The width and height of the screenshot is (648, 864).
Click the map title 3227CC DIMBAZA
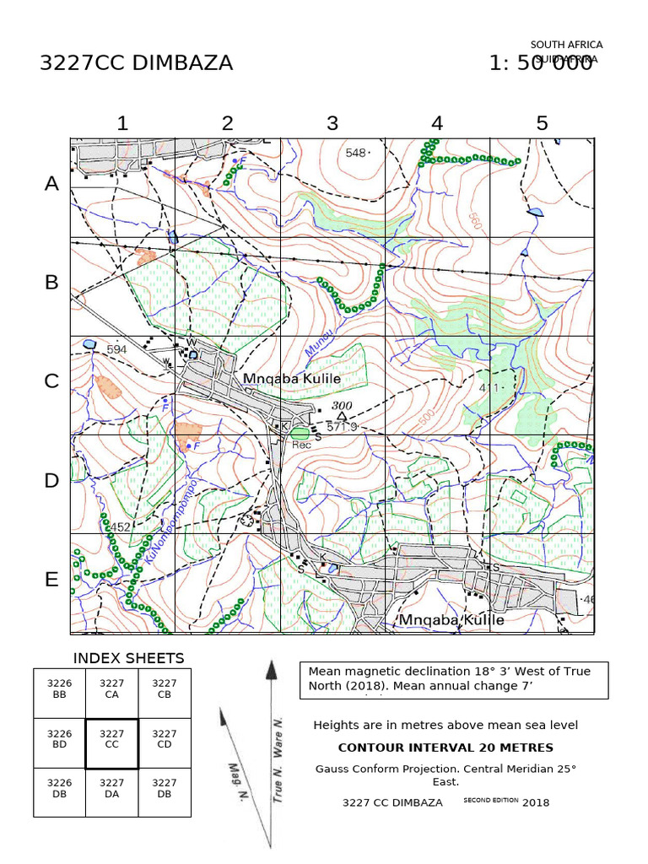[136, 63]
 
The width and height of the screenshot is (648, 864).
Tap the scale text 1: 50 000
[540, 63]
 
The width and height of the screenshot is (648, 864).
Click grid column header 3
[332, 123]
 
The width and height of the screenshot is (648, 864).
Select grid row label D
[52, 481]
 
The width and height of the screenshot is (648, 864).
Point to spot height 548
[357, 153]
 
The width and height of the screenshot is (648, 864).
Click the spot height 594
[116, 349]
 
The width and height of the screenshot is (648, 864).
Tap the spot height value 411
[489, 387]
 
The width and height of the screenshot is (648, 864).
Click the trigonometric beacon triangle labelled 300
[342, 416]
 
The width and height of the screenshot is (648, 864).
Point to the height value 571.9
[342, 428]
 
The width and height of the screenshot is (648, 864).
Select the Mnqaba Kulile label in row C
[292, 380]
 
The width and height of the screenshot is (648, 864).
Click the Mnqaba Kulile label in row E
[451, 620]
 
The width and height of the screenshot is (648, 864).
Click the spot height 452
[119, 527]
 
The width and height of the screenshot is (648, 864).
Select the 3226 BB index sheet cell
[59, 688]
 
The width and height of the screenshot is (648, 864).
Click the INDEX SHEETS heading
[128, 658]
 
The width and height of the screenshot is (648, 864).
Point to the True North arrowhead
[272, 671]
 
